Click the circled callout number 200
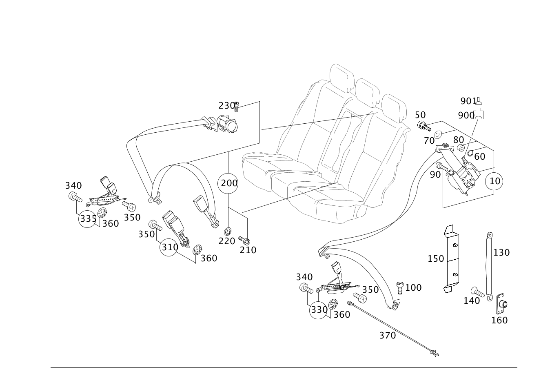(x=229, y=183)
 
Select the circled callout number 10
(x=494, y=180)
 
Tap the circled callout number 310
(x=169, y=247)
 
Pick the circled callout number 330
(x=319, y=310)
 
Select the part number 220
(x=227, y=241)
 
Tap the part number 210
(x=248, y=249)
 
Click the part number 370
(x=387, y=336)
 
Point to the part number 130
(x=501, y=252)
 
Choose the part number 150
(x=436, y=259)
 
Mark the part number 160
(x=499, y=320)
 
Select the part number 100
(x=413, y=287)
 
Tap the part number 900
(x=466, y=116)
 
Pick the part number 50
(x=420, y=115)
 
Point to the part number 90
(x=435, y=174)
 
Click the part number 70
(x=429, y=141)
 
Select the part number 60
(x=479, y=156)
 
